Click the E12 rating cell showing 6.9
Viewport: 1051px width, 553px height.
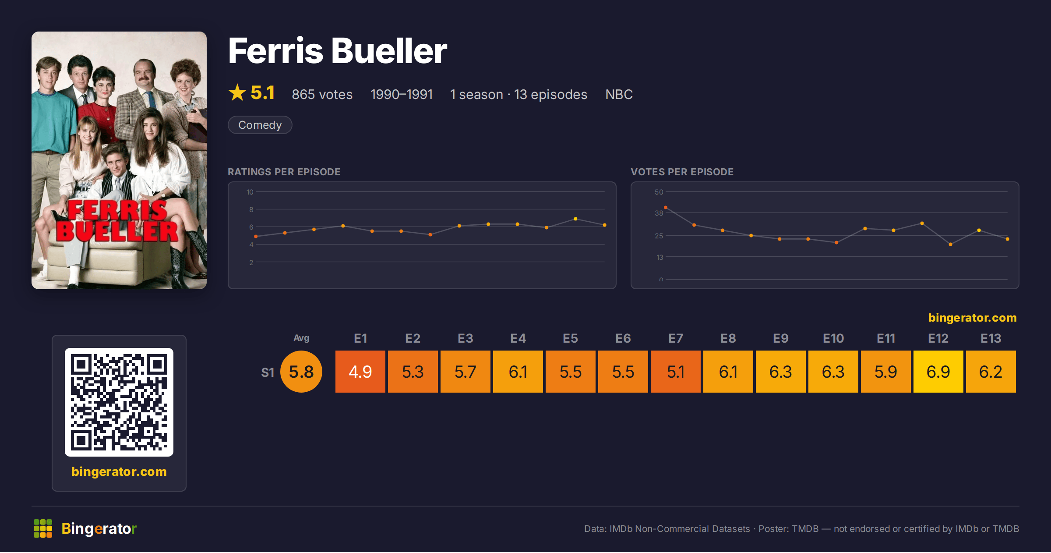click(x=938, y=372)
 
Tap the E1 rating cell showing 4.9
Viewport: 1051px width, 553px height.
click(x=360, y=372)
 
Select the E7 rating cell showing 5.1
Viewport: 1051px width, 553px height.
click(x=675, y=372)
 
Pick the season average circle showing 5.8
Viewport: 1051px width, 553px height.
click(x=301, y=372)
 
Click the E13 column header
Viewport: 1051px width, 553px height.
click(x=991, y=338)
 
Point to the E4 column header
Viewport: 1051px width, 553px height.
click(x=518, y=338)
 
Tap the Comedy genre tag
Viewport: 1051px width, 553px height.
click(x=260, y=125)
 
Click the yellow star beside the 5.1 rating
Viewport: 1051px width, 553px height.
click(x=237, y=92)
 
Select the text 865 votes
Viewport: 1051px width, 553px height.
click(x=322, y=94)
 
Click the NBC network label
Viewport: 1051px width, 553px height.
click(x=619, y=94)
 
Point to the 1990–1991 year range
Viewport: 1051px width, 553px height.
click(x=402, y=94)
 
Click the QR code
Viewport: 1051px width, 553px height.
click(x=119, y=402)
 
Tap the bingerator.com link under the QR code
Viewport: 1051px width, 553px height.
click(x=119, y=471)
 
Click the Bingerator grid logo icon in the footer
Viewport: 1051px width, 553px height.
click(x=43, y=528)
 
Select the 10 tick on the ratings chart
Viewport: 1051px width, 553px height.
click(x=250, y=192)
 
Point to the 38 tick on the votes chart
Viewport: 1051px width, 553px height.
click(x=659, y=213)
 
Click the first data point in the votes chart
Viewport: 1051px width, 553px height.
click(x=666, y=207)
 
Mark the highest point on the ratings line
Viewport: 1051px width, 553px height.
click(x=575, y=219)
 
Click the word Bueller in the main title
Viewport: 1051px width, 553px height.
click(x=389, y=51)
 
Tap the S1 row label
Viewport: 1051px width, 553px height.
click(x=268, y=372)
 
